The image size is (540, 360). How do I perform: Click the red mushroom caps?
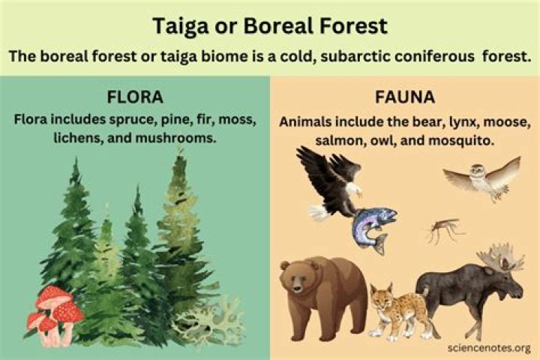click(57, 307)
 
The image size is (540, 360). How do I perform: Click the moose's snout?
click(517, 289)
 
